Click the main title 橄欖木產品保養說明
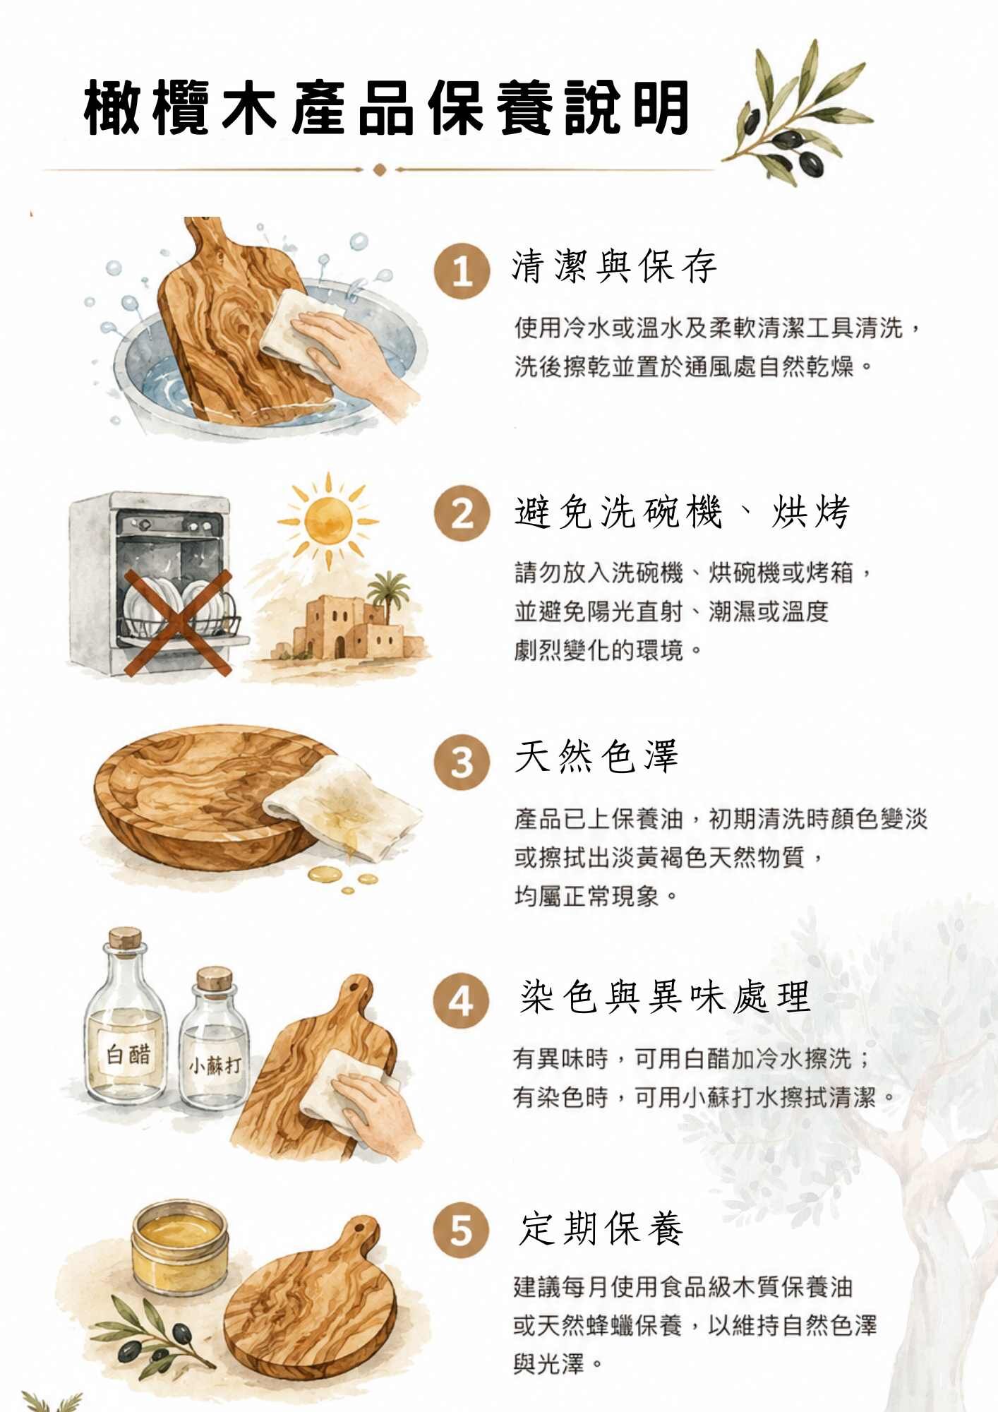click(386, 109)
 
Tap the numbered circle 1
click(462, 271)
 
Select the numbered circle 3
click(462, 762)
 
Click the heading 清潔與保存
click(614, 267)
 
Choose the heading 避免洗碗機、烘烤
click(682, 512)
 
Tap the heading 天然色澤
click(596, 756)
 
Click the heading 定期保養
click(601, 1228)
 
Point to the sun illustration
click(328, 521)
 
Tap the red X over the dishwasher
click(178, 623)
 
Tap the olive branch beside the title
click(798, 113)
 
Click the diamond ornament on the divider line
click(379, 169)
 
